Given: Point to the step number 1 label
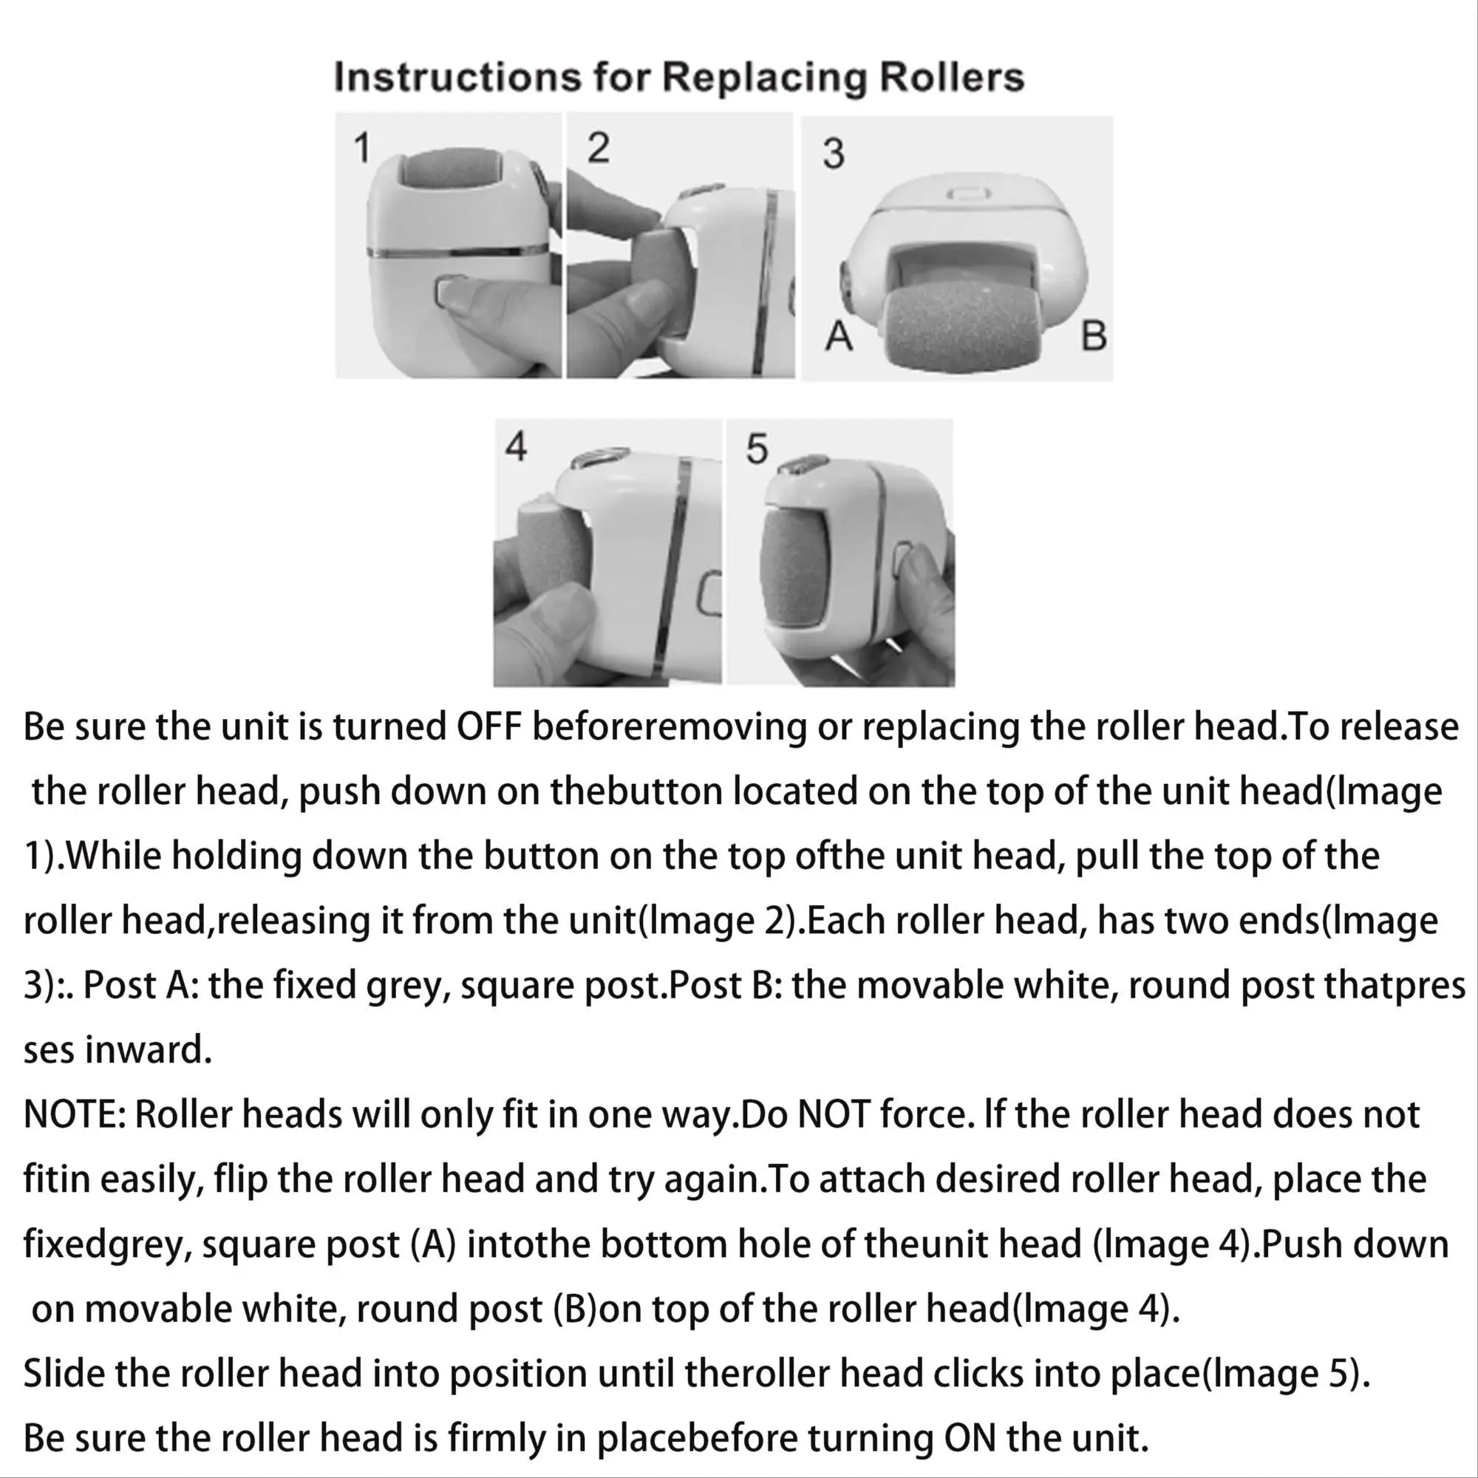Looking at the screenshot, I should point(362,148).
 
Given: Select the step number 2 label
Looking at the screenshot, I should point(599,147).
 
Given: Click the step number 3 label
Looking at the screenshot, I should point(833,153).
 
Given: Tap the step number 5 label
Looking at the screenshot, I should point(757,449).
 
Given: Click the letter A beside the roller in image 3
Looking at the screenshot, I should point(839,336).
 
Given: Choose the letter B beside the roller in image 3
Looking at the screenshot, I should point(1094,336).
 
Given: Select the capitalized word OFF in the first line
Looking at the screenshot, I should point(488,726).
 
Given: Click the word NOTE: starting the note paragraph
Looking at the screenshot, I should point(74,1115).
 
